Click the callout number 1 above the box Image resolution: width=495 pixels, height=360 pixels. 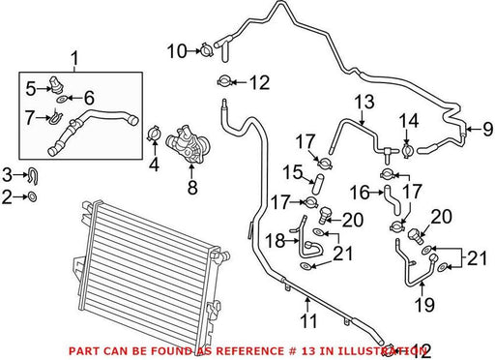coord(74,59)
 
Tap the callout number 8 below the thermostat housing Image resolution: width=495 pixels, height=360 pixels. coord(192,187)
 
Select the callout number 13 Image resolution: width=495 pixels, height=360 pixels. coord(364,102)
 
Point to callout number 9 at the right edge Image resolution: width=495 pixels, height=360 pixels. coord(488,129)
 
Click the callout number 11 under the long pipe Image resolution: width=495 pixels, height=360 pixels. coord(308,320)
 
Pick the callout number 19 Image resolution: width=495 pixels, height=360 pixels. coord(424,305)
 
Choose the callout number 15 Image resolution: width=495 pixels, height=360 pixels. coord(293,172)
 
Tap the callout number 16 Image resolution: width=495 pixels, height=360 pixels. coord(361,193)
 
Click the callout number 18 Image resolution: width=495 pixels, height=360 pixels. coord(276,241)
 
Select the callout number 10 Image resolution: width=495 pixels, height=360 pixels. coord(177,51)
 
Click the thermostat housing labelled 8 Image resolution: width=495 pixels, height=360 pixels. coord(189,146)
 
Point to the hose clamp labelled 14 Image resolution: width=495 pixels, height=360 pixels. coord(407,151)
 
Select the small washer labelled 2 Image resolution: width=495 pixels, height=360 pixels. coord(32,196)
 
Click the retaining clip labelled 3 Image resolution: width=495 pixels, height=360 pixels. coord(33,176)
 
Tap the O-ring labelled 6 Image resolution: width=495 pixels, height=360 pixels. coord(62,99)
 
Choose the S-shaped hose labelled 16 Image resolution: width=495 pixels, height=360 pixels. coord(392,200)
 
